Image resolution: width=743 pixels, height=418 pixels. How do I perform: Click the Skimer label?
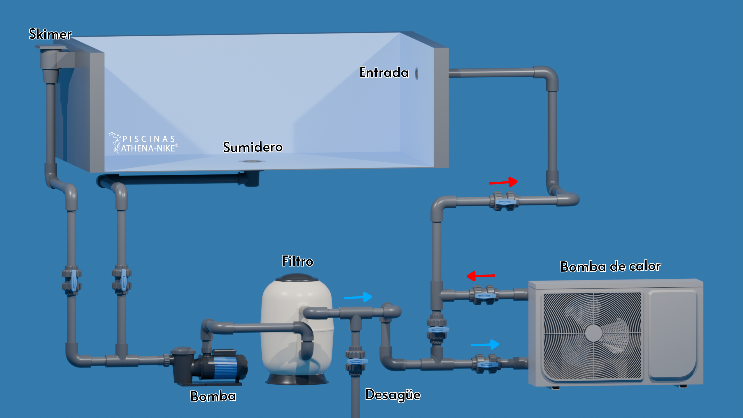tap(50, 34)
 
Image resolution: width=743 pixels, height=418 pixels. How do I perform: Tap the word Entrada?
tap(384, 72)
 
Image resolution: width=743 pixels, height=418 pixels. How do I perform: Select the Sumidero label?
tap(253, 147)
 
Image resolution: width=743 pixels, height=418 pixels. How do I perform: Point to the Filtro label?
tap(298, 261)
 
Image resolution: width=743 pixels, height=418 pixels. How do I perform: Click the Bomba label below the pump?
tap(213, 396)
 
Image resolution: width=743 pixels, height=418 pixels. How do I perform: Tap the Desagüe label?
tap(393, 395)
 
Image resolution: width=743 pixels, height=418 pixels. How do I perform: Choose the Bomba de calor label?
tap(610, 266)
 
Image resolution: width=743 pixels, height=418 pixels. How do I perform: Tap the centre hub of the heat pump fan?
tap(593, 333)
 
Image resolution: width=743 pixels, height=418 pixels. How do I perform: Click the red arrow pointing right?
tap(503, 182)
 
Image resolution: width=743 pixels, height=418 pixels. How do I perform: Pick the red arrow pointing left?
tap(481, 276)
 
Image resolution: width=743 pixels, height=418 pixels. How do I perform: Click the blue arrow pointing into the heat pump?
tap(485, 344)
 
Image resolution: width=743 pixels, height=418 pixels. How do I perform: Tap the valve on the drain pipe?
tap(356, 361)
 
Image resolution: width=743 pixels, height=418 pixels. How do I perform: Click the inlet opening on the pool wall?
tap(416, 74)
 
